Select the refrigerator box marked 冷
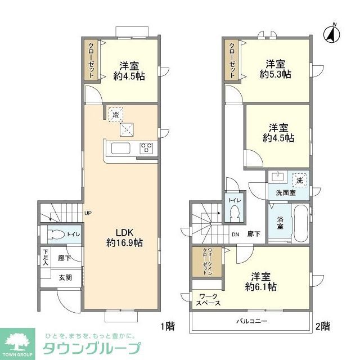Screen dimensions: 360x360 tap(115, 114)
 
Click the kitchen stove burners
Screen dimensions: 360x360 tap(147, 148)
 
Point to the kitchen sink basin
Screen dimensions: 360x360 tap(121, 148)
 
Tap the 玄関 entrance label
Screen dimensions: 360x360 tap(65, 277)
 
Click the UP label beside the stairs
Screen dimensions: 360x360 tap(88, 213)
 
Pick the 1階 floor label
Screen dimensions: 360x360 tap(167, 325)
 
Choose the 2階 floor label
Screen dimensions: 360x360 tap(322, 325)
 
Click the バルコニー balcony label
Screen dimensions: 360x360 tap(251, 321)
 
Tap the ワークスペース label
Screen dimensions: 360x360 tap(208, 299)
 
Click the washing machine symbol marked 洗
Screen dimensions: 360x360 tap(299, 180)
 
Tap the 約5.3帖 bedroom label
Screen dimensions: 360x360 tap(274, 68)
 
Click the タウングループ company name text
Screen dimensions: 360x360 tap(92, 347)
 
